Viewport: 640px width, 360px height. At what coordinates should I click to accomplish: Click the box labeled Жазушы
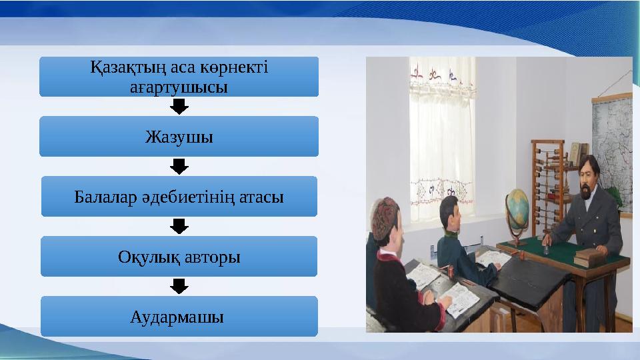coord(179,137)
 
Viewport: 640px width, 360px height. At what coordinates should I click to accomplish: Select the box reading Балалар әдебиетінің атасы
coord(179,197)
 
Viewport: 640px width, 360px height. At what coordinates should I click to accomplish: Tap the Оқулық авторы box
coord(179,257)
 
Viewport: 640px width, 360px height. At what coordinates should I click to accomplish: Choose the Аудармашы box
coord(179,316)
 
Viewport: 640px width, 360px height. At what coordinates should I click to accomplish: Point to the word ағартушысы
coord(179,87)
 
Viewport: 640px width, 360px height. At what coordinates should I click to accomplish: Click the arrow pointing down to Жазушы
coord(179,107)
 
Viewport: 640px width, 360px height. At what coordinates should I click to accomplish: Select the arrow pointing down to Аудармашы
coord(179,286)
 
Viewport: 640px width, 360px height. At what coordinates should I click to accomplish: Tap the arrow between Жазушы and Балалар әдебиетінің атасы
coord(179,166)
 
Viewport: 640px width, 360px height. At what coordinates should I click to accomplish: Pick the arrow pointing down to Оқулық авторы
coord(179,226)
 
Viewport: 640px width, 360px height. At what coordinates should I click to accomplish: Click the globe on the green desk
coord(518,205)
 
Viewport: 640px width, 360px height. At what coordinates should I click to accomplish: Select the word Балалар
coord(99,197)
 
